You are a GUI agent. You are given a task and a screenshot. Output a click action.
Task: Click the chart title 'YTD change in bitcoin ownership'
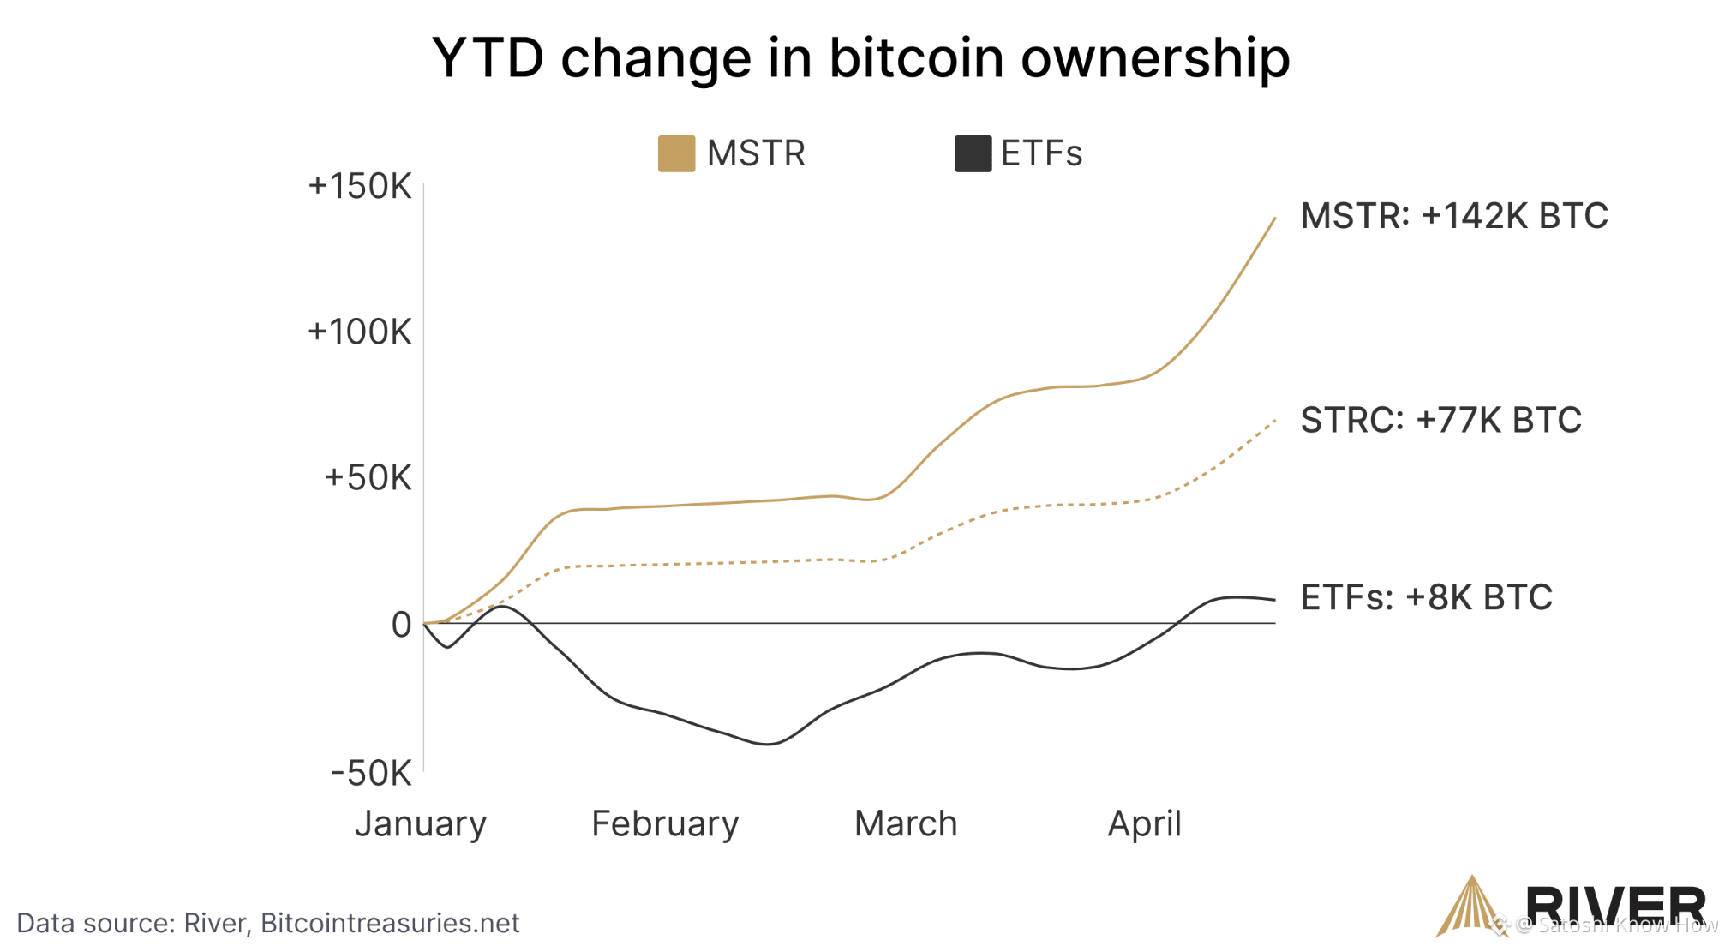pos(861,58)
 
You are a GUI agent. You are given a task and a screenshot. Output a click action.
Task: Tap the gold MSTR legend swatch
pos(676,153)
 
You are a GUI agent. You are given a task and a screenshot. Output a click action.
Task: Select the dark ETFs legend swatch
pos(973,153)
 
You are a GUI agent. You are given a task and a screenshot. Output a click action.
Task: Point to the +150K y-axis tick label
pos(360,186)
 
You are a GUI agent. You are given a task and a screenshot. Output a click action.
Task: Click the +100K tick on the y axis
pos(360,332)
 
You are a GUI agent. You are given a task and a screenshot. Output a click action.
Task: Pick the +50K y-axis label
pos(368,478)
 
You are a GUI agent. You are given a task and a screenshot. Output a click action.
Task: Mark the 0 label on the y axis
pos(401,625)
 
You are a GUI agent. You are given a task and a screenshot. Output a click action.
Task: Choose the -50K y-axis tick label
pos(372,773)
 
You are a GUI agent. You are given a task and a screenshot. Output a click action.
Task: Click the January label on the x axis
pos(421,824)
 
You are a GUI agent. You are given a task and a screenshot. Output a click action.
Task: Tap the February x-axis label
pos(665,824)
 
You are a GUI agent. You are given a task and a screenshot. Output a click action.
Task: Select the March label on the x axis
pos(906,824)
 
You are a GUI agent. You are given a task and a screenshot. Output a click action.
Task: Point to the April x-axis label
pos(1145,824)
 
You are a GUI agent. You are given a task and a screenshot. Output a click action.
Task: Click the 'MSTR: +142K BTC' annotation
pos(1454,216)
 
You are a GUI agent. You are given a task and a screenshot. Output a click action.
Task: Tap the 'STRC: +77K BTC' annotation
pos(1441,420)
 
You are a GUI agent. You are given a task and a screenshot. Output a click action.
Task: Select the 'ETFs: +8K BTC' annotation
pos(1427,597)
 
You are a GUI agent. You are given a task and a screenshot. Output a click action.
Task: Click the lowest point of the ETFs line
pos(768,744)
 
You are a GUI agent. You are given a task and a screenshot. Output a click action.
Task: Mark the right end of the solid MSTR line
pos(1275,218)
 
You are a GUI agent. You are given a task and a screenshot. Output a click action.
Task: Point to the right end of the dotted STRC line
pos(1275,421)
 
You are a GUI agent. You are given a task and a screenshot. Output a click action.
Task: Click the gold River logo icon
pos(1471,906)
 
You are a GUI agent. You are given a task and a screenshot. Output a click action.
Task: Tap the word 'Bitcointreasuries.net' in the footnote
pos(390,923)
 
